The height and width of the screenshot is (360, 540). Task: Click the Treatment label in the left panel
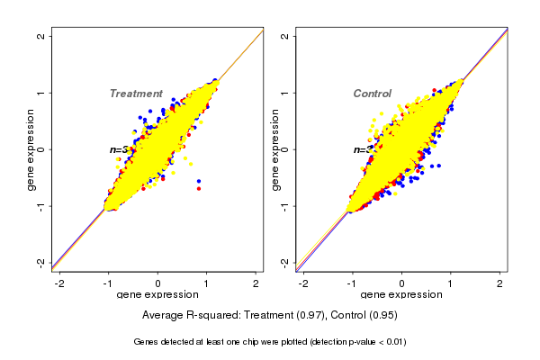click(x=136, y=94)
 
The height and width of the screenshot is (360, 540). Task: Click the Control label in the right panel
click(x=373, y=94)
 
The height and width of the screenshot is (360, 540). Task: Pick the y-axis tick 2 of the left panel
click(x=41, y=37)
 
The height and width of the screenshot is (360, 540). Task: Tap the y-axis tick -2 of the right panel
click(x=285, y=262)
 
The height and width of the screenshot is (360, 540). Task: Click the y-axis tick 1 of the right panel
click(x=285, y=93)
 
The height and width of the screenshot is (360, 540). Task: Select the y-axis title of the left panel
click(x=30, y=149)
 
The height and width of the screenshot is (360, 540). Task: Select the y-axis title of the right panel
click(x=274, y=149)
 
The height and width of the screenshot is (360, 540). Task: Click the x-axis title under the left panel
click(x=157, y=295)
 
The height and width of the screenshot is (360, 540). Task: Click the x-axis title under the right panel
click(x=401, y=295)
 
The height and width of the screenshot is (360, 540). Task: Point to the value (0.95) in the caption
click(x=382, y=316)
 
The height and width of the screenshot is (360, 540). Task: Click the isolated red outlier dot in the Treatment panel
click(x=198, y=188)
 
